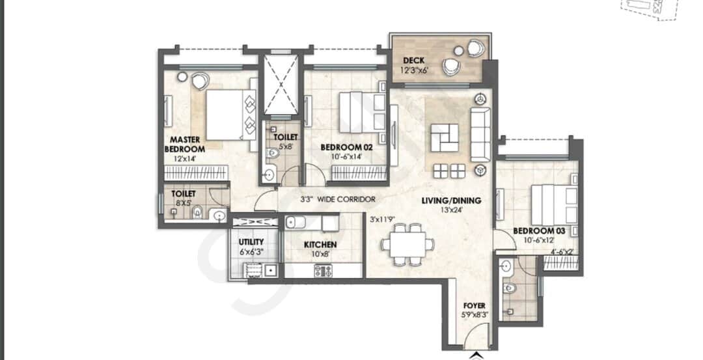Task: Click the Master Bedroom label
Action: pyautogui.click(x=185, y=145)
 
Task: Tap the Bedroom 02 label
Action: pyautogui.click(x=346, y=147)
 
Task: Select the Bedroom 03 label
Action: pyautogui.click(x=539, y=231)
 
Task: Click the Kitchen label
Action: pyautogui.click(x=320, y=245)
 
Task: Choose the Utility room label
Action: pyautogui.click(x=251, y=242)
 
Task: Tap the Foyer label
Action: pyautogui.click(x=475, y=306)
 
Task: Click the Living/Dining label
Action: pyautogui.click(x=451, y=201)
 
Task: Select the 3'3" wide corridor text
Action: pyautogui.click(x=338, y=199)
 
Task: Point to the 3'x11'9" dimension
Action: pyautogui.click(x=382, y=220)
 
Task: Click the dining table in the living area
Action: pyautogui.click(x=407, y=244)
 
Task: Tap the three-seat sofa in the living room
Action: pyautogui.click(x=480, y=135)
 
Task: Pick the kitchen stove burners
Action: pyautogui.click(x=324, y=270)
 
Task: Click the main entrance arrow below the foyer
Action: pyautogui.click(x=475, y=356)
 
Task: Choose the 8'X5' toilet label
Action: pyautogui.click(x=184, y=198)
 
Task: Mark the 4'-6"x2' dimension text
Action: pyautogui.click(x=562, y=253)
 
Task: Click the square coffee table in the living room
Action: pyautogui.click(x=445, y=138)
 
